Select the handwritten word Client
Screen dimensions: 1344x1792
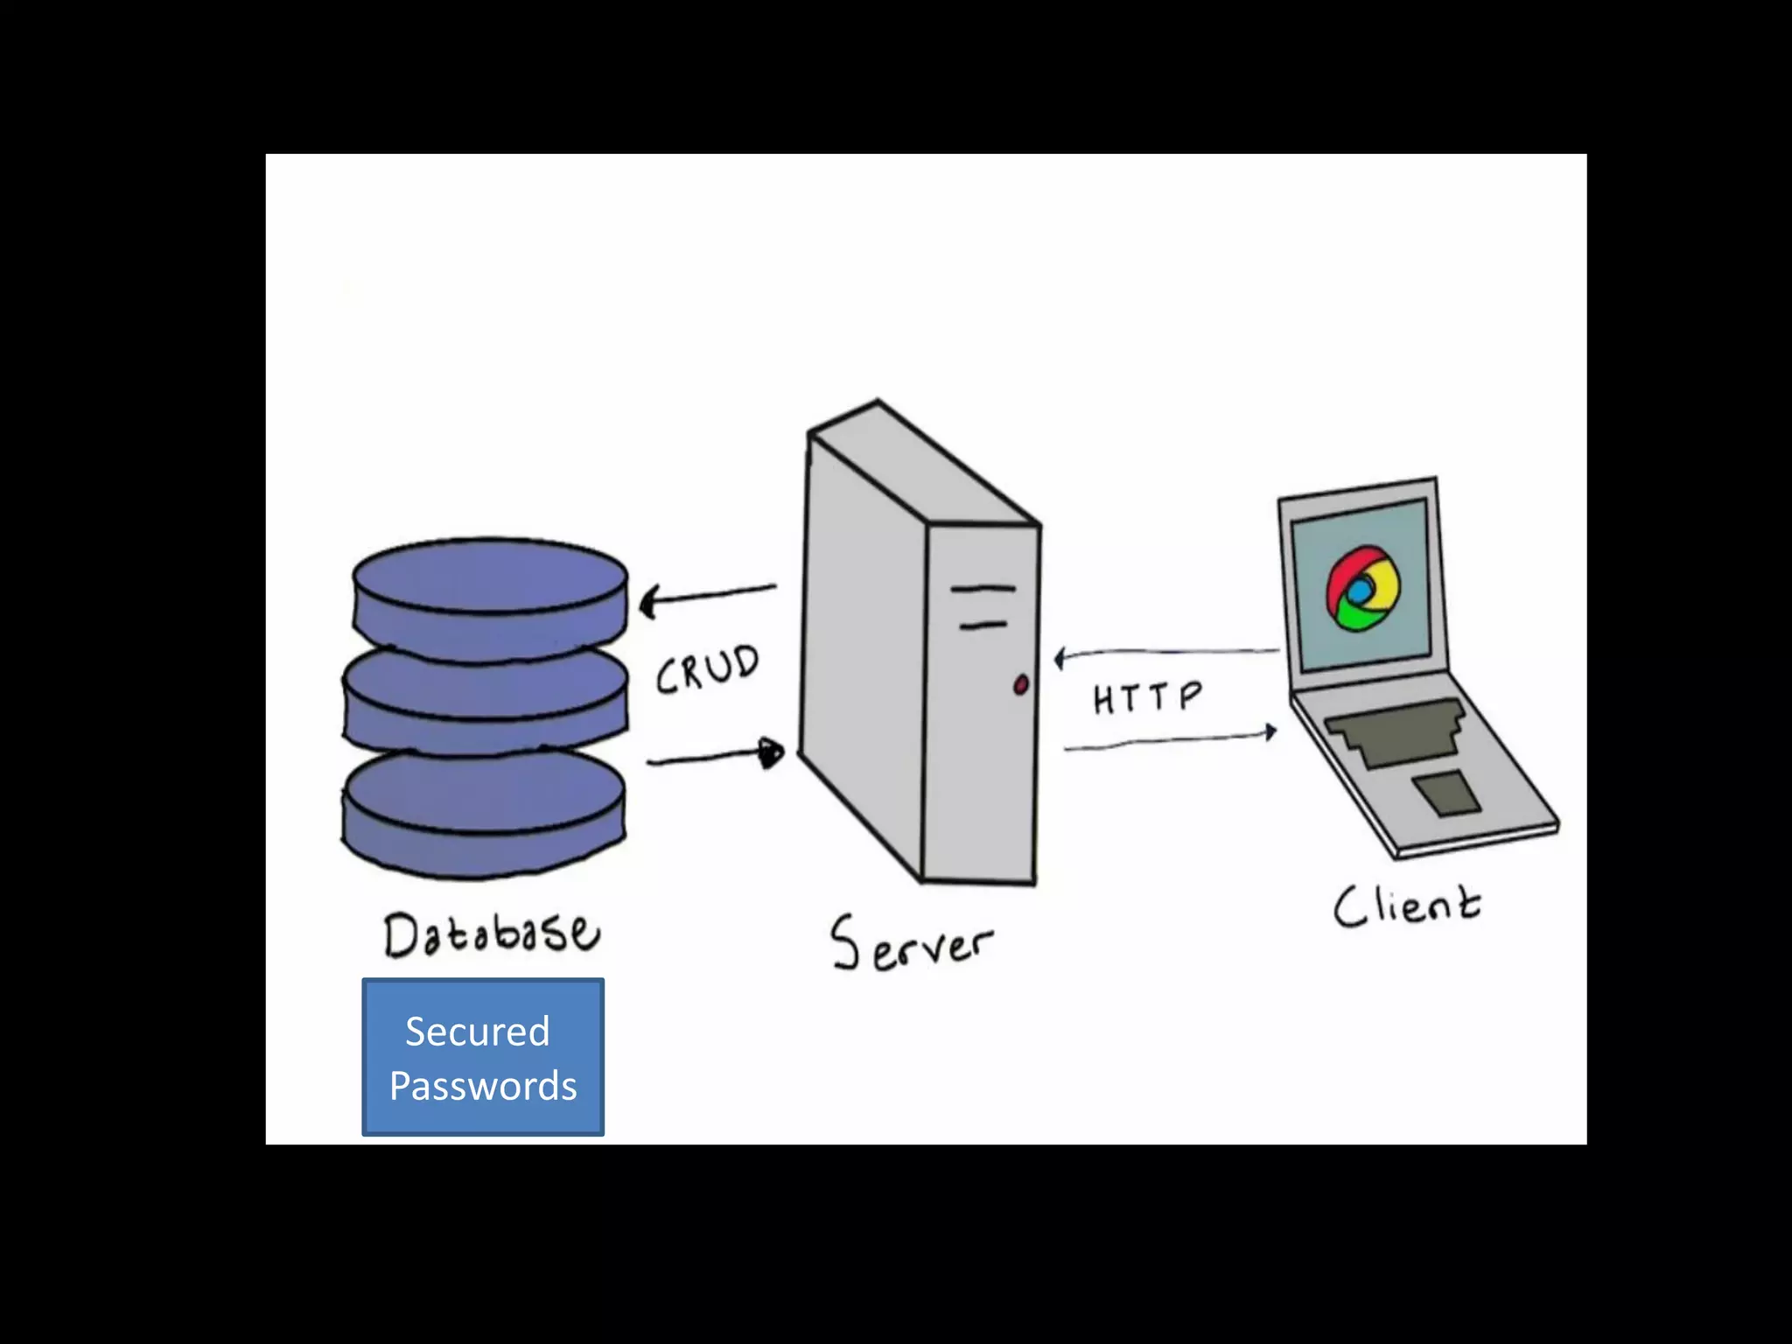point(1407,906)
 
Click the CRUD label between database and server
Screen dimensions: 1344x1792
point(707,669)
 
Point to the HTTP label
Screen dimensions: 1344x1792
point(1146,697)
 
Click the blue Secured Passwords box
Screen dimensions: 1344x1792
point(483,1057)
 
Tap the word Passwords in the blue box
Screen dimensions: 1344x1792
point(483,1086)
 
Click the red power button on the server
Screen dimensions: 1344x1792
point(1020,685)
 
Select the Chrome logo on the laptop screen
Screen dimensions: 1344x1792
point(1361,589)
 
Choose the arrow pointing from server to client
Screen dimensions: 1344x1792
point(1169,741)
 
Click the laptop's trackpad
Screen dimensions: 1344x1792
point(1447,793)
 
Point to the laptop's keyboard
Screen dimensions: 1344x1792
point(1396,731)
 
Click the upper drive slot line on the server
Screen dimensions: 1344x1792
point(983,589)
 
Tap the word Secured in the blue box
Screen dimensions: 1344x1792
point(478,1032)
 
